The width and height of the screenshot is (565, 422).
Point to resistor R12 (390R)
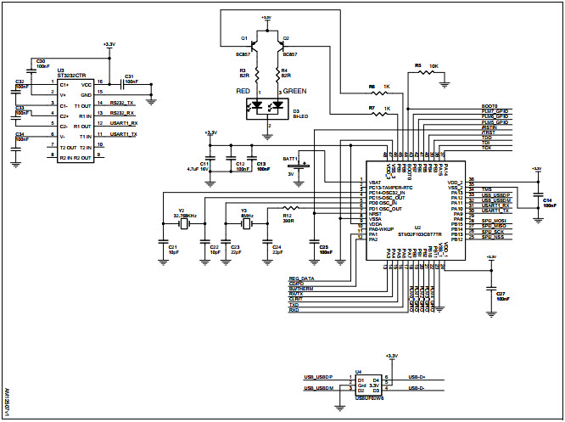click(289, 208)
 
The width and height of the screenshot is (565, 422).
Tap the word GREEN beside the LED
click(294, 90)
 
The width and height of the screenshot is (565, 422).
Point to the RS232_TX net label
click(123, 103)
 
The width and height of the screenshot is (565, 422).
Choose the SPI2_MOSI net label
click(495, 221)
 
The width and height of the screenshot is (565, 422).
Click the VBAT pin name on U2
click(374, 182)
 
